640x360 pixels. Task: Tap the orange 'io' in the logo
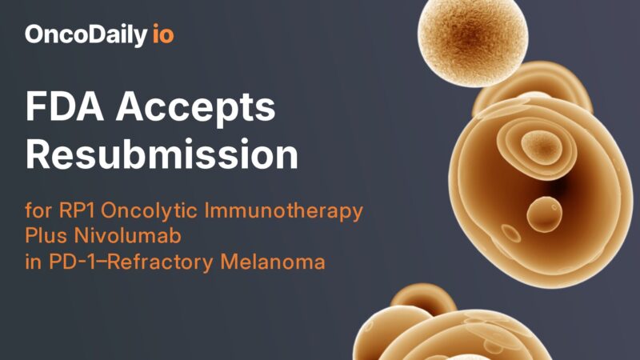163,34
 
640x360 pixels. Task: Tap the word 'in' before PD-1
32,262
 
